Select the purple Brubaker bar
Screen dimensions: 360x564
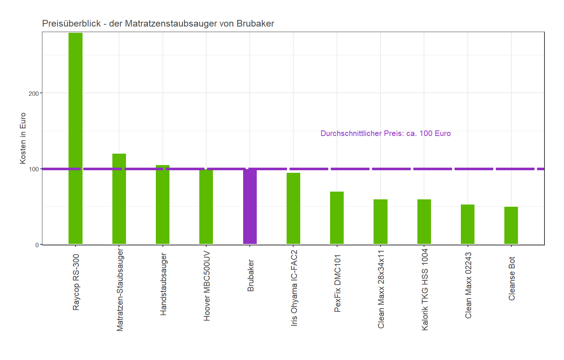[250, 206]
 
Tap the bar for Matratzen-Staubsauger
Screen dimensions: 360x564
[119, 199]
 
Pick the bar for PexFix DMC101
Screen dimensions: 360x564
[337, 218]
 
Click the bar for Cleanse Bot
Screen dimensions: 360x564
[511, 225]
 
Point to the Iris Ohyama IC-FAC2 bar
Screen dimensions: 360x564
[293, 208]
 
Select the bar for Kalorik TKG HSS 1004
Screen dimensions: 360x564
[424, 221]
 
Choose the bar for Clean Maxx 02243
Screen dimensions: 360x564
[467, 224]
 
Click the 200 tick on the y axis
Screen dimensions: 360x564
[34, 94]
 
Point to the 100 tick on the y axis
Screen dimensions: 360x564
[34, 169]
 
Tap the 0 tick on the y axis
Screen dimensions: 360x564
[37, 245]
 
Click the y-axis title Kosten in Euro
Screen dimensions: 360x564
[23, 138]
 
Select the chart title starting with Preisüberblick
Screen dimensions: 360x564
[158, 24]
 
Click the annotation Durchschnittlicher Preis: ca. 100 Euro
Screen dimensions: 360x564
[385, 133]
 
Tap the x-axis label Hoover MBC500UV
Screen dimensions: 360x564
[207, 286]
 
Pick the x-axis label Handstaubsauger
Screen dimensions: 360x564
[163, 284]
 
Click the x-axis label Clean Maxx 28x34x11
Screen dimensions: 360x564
[381, 289]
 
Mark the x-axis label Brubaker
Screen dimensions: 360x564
[251, 276]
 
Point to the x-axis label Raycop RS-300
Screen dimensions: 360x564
[76, 282]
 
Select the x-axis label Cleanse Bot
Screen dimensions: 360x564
[512, 279]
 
